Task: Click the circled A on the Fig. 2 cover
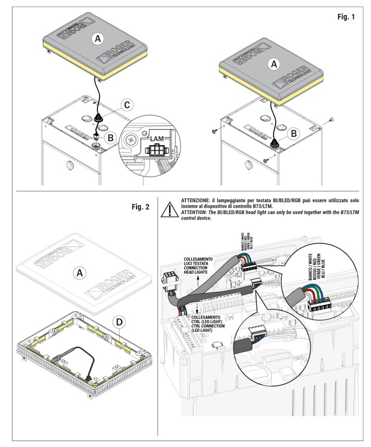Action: click(80, 272)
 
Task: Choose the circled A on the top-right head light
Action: click(274, 65)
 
